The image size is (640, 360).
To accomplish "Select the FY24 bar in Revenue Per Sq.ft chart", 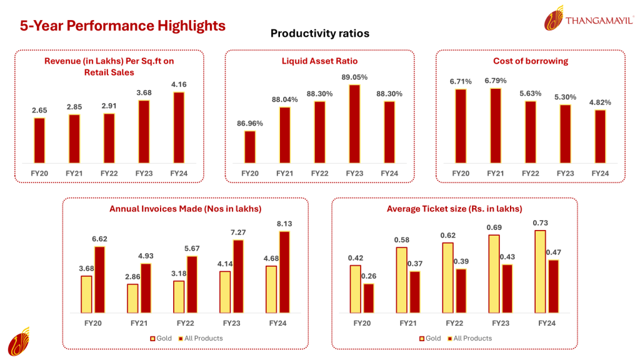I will [x=179, y=127].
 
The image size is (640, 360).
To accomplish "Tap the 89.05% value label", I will [x=355, y=77].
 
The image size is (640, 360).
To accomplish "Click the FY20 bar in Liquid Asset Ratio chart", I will [x=249, y=146].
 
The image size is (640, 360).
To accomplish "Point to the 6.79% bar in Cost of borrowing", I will [x=496, y=125].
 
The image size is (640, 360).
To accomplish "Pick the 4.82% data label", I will [x=600, y=102].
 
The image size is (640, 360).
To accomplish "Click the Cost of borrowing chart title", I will [x=530, y=61].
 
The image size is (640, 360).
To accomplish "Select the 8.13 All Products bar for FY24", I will [x=285, y=272].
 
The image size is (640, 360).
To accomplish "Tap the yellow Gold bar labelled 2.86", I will [x=132, y=298].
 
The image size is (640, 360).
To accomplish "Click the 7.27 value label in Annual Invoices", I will [x=239, y=232].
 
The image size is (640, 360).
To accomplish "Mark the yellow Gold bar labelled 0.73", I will [x=541, y=271].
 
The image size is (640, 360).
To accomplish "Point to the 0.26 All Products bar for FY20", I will [x=368, y=298].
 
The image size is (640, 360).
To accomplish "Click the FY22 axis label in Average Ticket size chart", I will [x=454, y=323].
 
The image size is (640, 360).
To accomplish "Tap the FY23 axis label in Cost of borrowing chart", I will [x=565, y=173].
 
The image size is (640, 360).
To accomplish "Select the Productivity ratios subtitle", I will [x=319, y=33].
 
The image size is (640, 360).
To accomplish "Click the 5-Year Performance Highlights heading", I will [x=122, y=26].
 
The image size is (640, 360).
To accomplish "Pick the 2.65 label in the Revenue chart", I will [x=39, y=110].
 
